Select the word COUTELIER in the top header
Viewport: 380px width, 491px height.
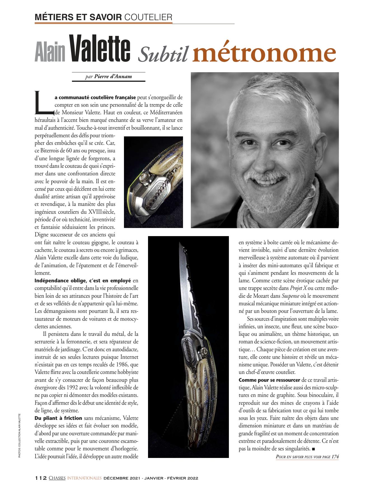coord(147,17)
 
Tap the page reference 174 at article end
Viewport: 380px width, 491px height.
coord(335,457)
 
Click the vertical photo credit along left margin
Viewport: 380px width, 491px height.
coord(19,435)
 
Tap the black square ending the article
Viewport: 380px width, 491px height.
coord(313,449)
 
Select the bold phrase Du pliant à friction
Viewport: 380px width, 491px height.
coord(58,418)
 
